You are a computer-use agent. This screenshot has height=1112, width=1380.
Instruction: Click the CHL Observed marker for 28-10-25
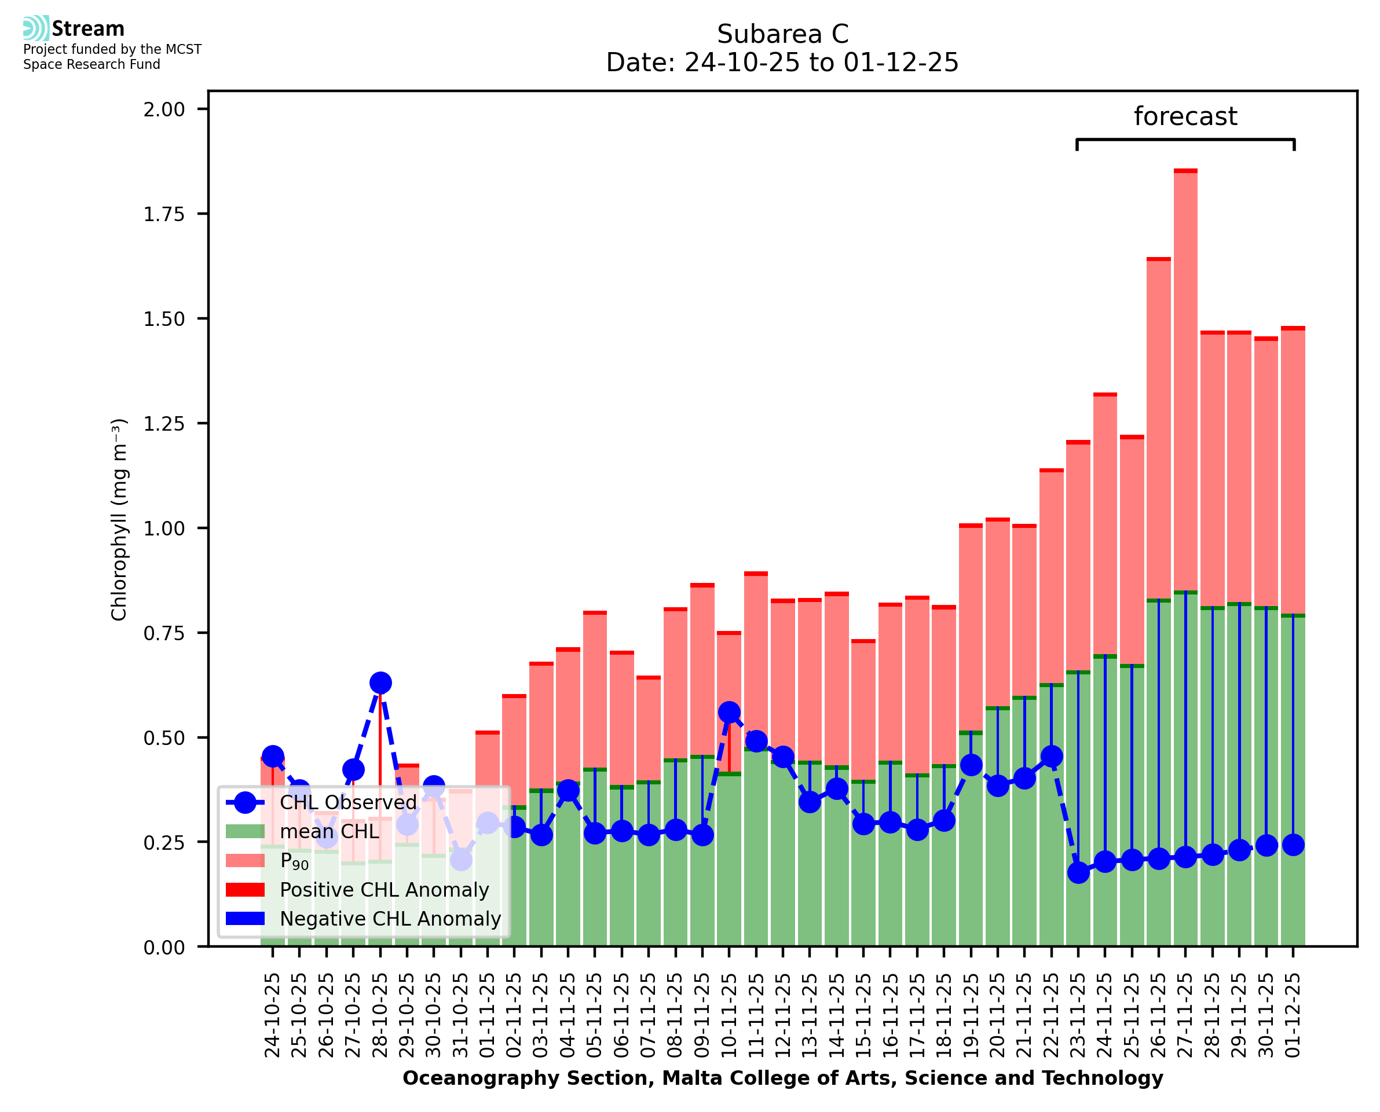(380, 683)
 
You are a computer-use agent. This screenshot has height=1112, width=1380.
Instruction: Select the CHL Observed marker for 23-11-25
(1078, 872)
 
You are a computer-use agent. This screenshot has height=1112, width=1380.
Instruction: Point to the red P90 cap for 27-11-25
(1185, 171)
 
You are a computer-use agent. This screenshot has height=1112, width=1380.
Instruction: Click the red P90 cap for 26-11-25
(1158, 259)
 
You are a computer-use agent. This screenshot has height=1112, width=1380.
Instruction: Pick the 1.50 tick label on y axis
(164, 319)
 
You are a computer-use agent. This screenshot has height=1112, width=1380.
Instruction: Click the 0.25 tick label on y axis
(164, 843)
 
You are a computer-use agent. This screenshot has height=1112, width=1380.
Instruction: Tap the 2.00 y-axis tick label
(164, 109)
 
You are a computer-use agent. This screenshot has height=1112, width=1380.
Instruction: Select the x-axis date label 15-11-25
(863, 1015)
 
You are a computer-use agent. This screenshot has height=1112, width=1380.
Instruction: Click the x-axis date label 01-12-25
(1293, 1015)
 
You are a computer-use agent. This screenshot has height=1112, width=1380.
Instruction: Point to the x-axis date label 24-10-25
(272, 1015)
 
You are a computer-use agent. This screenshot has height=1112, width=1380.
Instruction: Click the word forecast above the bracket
(1185, 116)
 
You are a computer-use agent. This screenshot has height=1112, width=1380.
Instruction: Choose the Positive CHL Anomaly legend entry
(384, 890)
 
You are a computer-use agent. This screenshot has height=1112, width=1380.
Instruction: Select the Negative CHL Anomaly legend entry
(390, 919)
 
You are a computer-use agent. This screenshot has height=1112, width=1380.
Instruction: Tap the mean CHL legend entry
(330, 831)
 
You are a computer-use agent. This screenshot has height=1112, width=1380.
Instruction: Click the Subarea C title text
(782, 34)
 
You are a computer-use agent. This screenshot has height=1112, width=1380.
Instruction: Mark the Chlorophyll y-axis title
(119, 519)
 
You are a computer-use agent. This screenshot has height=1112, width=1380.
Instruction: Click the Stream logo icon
(36, 28)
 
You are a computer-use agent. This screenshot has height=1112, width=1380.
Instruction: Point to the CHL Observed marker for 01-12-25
(1293, 845)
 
